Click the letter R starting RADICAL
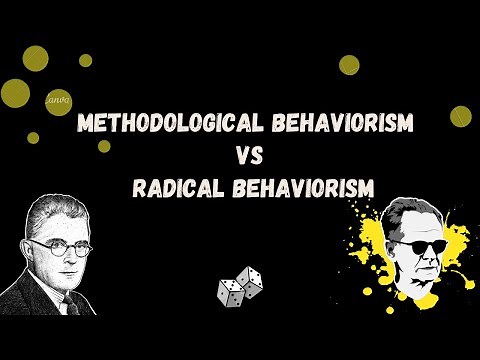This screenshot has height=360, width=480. pos(140,186)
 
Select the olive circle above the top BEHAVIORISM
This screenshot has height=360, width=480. pos(349,65)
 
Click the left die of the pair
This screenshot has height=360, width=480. pos(230,292)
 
